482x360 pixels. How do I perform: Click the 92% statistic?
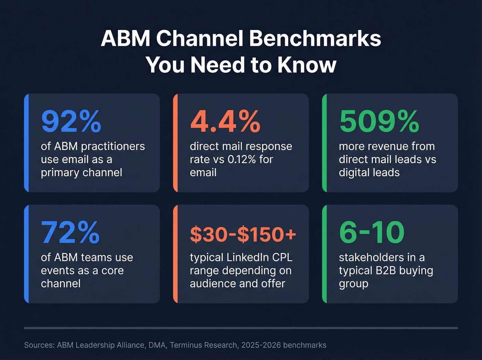click(x=71, y=121)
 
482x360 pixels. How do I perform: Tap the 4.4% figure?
click(x=225, y=121)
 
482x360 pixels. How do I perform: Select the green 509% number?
click(x=379, y=121)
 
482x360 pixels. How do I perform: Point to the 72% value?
click(x=70, y=233)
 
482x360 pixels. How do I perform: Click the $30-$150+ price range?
click(x=243, y=234)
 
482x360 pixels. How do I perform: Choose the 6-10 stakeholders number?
click(x=371, y=233)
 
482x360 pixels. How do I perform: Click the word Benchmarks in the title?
click(x=315, y=38)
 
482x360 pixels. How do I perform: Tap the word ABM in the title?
click(x=125, y=38)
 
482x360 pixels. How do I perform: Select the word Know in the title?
click(x=307, y=64)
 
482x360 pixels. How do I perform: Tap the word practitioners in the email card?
click(x=113, y=146)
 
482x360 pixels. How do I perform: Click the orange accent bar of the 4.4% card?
click(x=175, y=143)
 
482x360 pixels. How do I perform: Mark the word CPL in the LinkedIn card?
click(x=282, y=257)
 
